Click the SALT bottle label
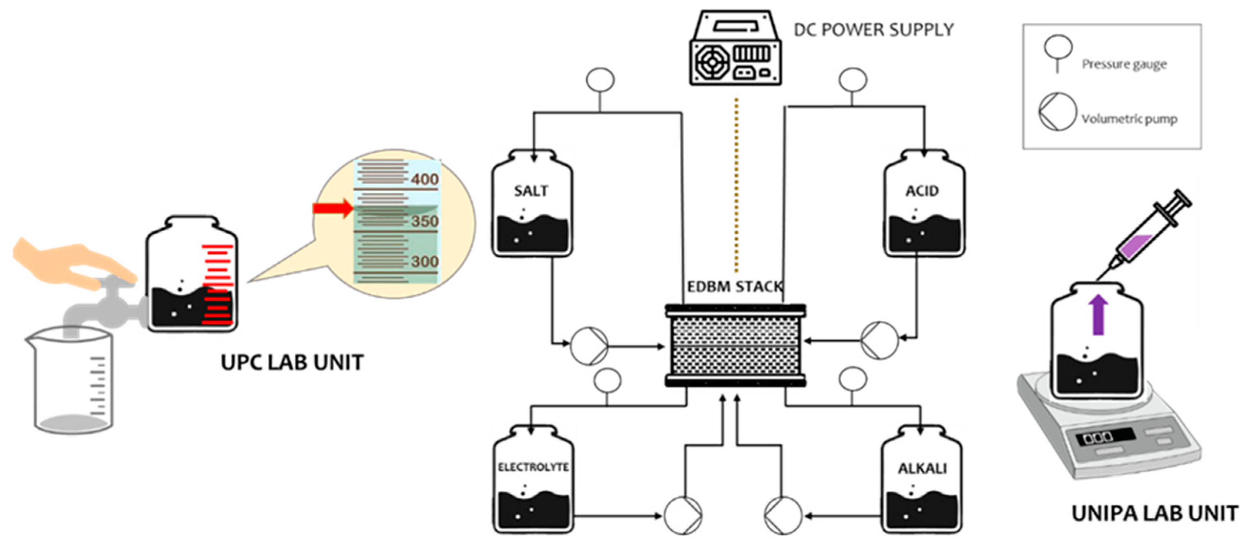pos(531,191)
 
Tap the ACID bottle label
pos(922,191)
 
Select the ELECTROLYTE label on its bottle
pos(533,467)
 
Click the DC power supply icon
pos(735,49)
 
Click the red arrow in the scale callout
pos(333,208)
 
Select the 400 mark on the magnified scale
pos(424,180)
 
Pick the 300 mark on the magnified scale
pos(424,261)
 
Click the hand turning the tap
pos(72,264)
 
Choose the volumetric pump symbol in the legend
pos(1057,112)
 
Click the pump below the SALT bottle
pos(589,346)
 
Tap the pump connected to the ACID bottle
pos(879,340)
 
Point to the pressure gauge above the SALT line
pos(600,80)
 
